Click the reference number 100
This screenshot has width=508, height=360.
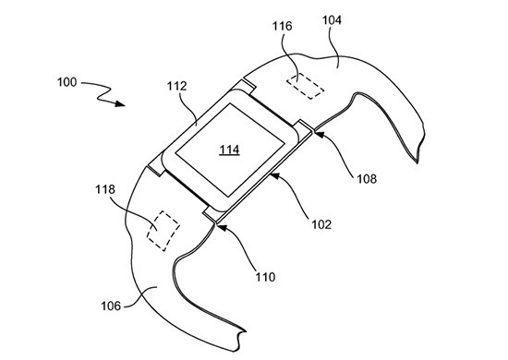67,82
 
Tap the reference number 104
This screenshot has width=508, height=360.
332,20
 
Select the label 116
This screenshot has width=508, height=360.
282,26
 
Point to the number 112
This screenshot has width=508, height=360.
177,86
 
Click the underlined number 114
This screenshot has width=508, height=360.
230,150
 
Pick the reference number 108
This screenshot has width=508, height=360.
367,178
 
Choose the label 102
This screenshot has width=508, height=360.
321,224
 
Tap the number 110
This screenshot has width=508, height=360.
265,277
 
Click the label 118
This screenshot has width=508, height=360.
105,189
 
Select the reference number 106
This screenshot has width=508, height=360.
111,306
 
